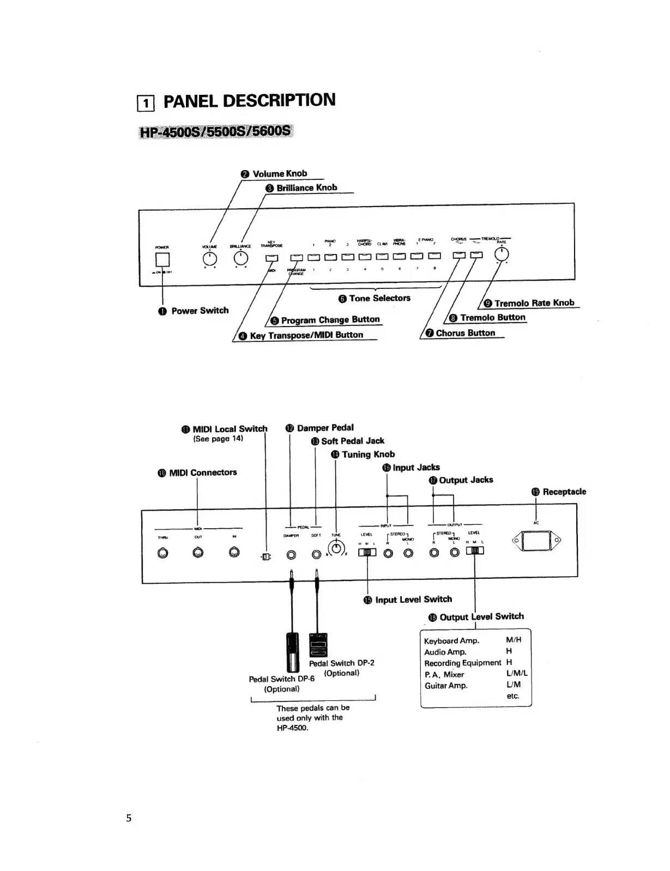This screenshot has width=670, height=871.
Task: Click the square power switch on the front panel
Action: pos(162,259)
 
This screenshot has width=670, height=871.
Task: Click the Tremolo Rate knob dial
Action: pos(501,254)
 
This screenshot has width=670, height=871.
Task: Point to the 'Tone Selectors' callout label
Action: pos(379,298)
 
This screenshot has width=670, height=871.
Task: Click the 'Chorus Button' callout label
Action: pos(465,333)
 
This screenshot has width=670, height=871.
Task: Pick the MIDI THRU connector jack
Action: pos(162,553)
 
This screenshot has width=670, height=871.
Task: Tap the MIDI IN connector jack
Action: pos(234,553)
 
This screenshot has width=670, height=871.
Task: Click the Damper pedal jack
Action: pos(291,555)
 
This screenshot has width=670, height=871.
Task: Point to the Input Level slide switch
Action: pos(367,553)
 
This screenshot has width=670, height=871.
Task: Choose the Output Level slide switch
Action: pos(475,551)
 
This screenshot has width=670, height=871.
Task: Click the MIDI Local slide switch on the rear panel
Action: pos(266,557)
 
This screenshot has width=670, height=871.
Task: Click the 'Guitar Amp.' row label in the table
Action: pos(446,686)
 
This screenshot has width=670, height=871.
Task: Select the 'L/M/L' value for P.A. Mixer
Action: pos(517,674)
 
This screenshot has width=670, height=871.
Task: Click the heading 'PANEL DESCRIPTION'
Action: pos(249,101)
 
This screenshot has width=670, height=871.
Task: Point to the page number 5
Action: pos(129,818)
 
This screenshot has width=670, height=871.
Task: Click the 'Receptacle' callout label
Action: pos(564,492)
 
